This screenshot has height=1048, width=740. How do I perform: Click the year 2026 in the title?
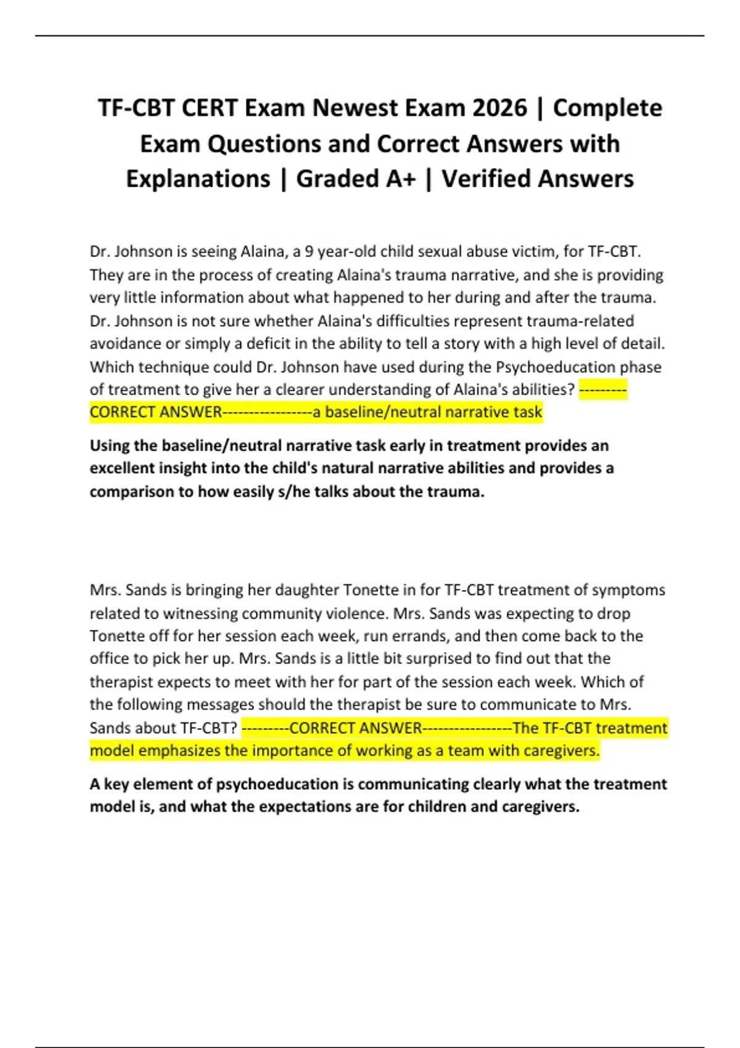500,108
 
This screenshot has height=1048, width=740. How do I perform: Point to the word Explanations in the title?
198,179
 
